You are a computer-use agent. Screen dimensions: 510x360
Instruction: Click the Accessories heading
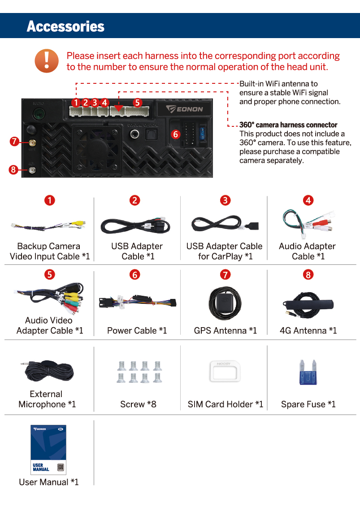65,26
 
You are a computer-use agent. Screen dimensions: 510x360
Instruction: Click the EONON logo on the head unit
184,109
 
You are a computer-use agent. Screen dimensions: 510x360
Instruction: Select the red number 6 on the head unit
175,134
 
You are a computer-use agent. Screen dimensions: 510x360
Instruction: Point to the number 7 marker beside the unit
14,142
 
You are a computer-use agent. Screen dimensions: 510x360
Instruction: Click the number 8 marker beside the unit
13,170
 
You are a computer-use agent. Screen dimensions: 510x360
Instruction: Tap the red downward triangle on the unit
117,108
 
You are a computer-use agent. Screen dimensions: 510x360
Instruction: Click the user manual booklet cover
48,449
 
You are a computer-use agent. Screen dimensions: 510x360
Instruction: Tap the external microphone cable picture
48,370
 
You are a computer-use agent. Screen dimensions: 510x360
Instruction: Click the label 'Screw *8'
138,404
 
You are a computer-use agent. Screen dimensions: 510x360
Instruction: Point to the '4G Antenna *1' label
308,331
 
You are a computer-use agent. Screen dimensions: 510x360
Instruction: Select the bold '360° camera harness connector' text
288,125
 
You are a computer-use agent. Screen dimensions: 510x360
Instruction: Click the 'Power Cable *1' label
137,331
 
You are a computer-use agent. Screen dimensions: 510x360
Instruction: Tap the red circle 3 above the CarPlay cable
226,200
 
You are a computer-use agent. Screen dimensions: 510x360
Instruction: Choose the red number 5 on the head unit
137,103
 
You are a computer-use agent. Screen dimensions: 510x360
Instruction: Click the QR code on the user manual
61,467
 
